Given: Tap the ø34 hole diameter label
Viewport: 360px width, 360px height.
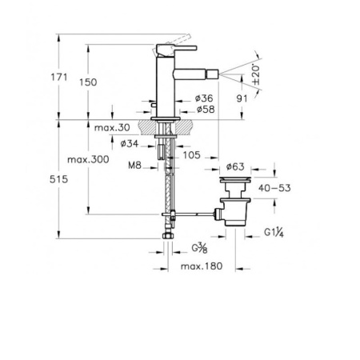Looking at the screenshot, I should (x=131, y=144).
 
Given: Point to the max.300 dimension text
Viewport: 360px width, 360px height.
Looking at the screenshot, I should (x=109, y=159).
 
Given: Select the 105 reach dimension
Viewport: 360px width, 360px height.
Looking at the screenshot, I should (x=192, y=155).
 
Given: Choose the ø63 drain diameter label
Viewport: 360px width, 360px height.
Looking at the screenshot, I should (x=234, y=166).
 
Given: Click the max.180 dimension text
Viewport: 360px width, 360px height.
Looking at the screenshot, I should (x=200, y=266).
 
